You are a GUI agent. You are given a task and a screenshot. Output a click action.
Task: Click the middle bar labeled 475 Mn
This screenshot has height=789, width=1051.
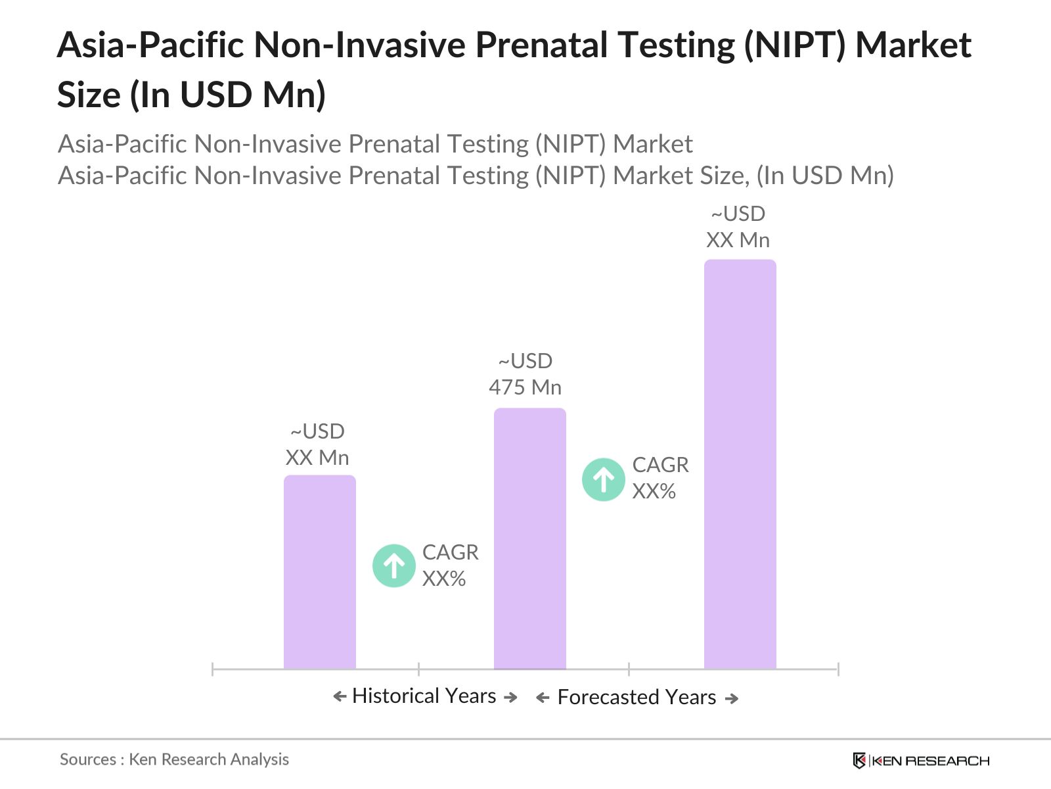coord(529,539)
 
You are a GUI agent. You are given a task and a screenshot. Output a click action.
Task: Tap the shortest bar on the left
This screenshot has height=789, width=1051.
coord(319,572)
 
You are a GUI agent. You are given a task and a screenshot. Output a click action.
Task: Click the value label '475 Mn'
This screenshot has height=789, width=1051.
coord(525,387)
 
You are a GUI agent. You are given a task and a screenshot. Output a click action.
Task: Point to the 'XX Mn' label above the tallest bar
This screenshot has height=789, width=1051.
coord(738,240)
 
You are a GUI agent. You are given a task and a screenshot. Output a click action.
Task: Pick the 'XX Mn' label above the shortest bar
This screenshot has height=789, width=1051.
coord(317,458)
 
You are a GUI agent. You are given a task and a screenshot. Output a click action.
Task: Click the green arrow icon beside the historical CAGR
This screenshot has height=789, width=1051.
coord(394,565)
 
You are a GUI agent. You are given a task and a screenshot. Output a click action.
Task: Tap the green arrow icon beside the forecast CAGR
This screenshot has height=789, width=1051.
coord(604,479)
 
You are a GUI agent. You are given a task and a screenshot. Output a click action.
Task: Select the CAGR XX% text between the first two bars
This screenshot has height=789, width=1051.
coord(450,565)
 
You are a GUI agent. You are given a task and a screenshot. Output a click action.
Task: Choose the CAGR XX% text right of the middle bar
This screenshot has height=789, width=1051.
coord(660,478)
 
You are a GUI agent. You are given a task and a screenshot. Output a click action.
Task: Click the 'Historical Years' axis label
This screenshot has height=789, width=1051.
coord(424,696)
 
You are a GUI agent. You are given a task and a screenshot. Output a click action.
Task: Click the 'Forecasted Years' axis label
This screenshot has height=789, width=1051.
coord(637,697)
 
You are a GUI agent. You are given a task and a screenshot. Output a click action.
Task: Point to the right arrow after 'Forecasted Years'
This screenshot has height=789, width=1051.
coord(732,698)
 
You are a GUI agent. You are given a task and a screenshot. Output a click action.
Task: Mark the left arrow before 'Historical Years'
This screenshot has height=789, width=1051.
coord(340,696)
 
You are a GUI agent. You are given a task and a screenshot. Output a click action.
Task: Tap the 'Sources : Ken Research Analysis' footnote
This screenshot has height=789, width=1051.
coord(174,759)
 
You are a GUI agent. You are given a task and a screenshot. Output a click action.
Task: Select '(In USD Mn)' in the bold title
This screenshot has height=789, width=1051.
coord(227,95)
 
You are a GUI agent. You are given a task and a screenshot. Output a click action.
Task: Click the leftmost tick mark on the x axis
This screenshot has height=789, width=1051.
coord(213,669)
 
